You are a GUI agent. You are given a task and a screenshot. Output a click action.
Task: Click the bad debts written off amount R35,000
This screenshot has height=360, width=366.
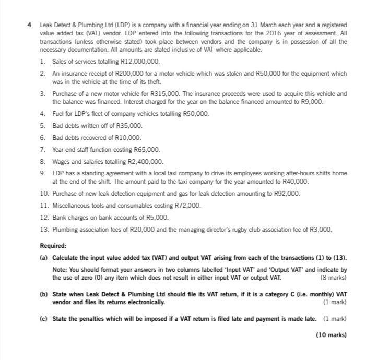(131, 126)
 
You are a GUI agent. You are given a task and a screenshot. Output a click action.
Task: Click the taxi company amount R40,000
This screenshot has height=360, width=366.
(296, 181)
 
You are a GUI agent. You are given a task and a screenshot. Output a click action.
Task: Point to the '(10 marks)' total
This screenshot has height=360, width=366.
(331, 335)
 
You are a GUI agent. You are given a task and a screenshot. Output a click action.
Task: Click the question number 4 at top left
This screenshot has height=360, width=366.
(30, 25)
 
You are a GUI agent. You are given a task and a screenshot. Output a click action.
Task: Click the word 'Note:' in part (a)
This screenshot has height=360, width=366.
(61, 269)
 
